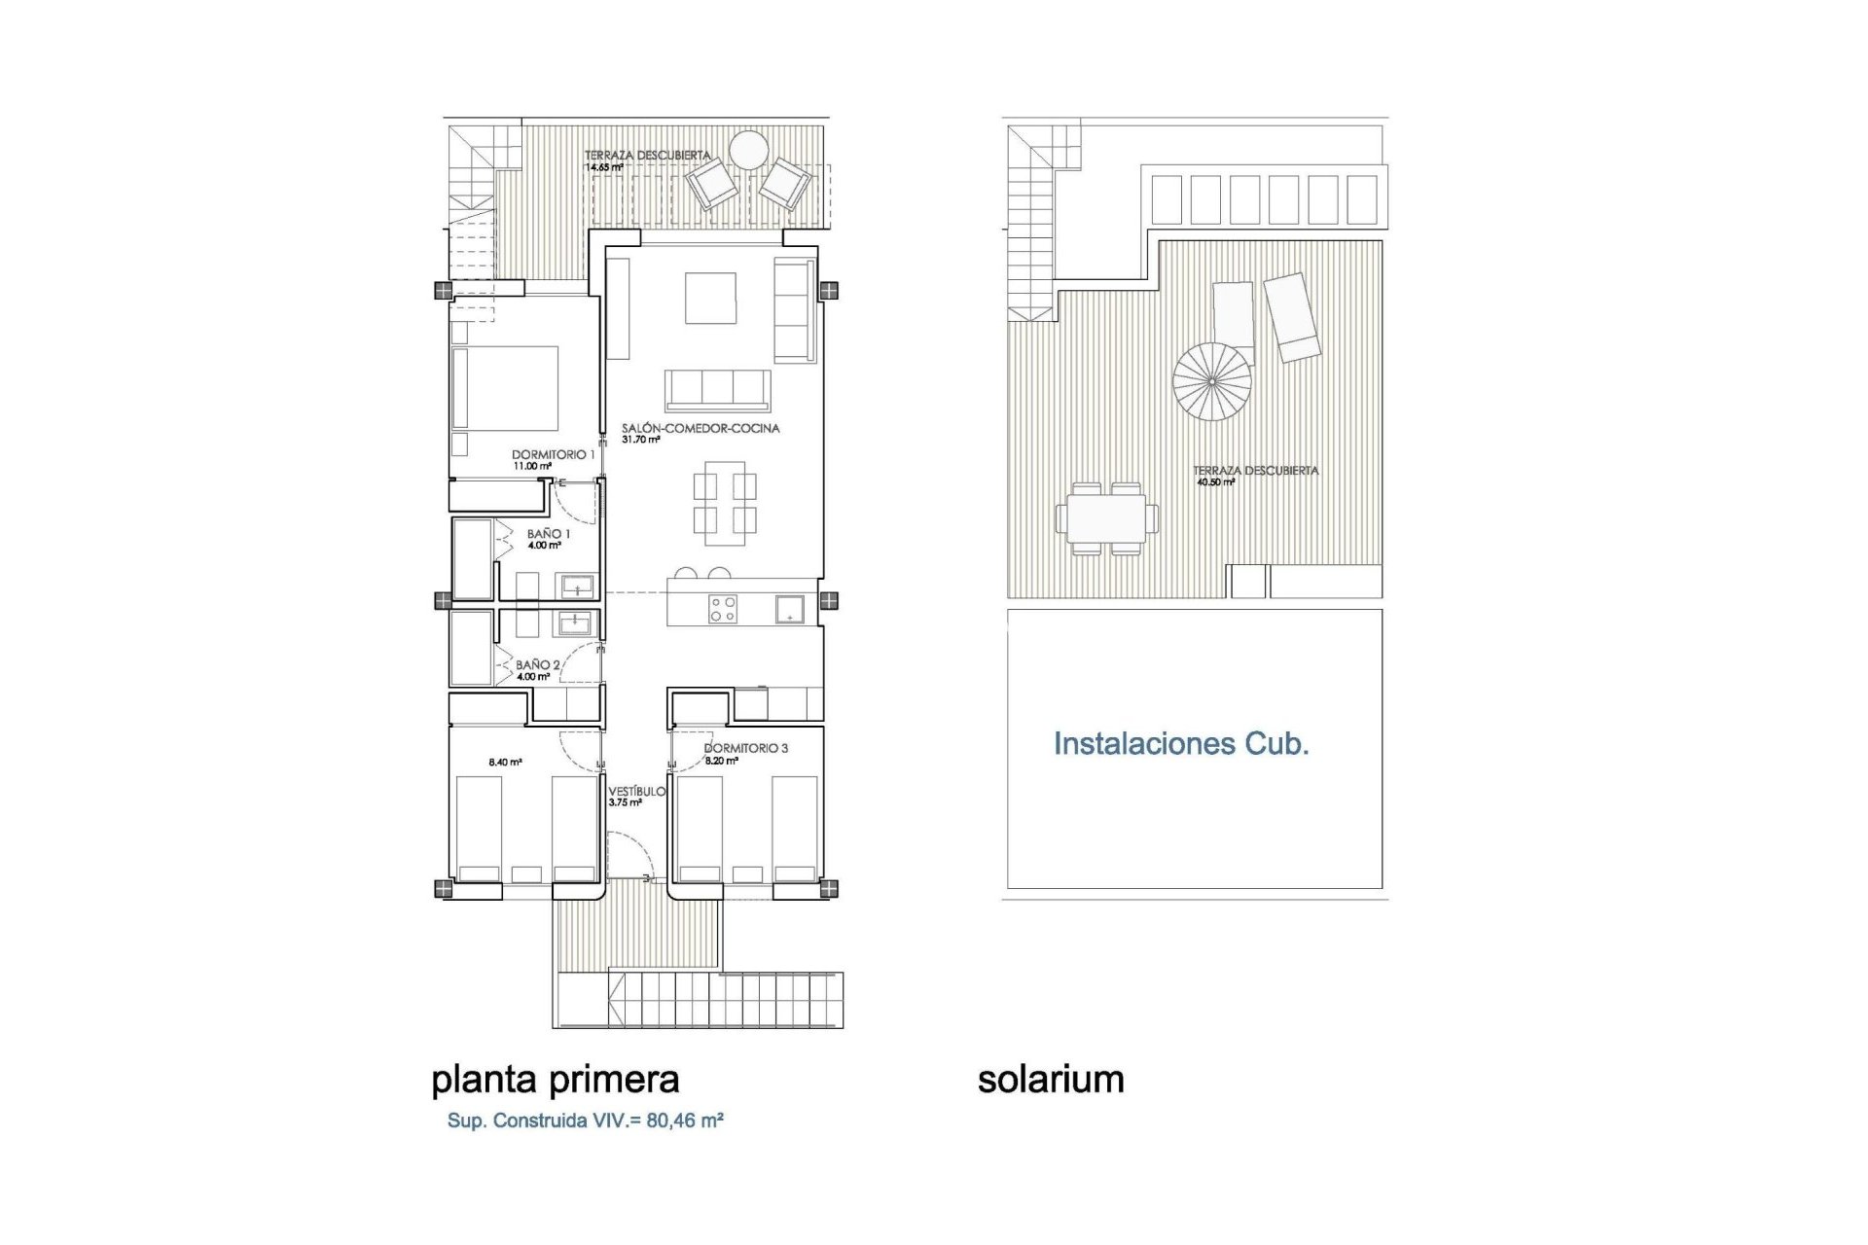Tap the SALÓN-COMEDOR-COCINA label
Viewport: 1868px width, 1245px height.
pyautogui.click(x=700, y=428)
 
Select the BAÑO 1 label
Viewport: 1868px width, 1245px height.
pyautogui.click(x=549, y=534)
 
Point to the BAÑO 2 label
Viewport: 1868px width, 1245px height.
pyautogui.click(x=538, y=665)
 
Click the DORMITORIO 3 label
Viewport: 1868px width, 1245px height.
pyautogui.click(x=746, y=748)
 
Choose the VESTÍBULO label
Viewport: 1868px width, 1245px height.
pyautogui.click(x=637, y=792)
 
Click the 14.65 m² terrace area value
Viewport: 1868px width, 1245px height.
pyautogui.click(x=604, y=167)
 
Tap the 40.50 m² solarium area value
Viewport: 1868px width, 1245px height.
pyautogui.click(x=1214, y=481)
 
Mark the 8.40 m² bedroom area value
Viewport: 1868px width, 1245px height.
pyautogui.click(x=505, y=763)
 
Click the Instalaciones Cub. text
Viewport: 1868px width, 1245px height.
pyautogui.click(x=1181, y=744)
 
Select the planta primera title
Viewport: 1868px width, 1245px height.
pyautogui.click(x=555, y=1080)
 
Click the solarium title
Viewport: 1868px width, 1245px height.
pyautogui.click(x=1051, y=1080)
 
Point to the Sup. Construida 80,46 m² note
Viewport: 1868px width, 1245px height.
pyautogui.click(x=585, y=1120)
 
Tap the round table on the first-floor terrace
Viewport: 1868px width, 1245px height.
pyautogui.click(x=750, y=150)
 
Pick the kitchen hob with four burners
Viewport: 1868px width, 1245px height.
pyautogui.click(x=723, y=609)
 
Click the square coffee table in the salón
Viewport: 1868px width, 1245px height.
pyautogui.click(x=710, y=298)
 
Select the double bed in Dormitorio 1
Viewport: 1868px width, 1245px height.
pyautogui.click(x=505, y=388)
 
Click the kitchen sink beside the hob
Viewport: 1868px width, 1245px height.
pyautogui.click(x=789, y=610)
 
